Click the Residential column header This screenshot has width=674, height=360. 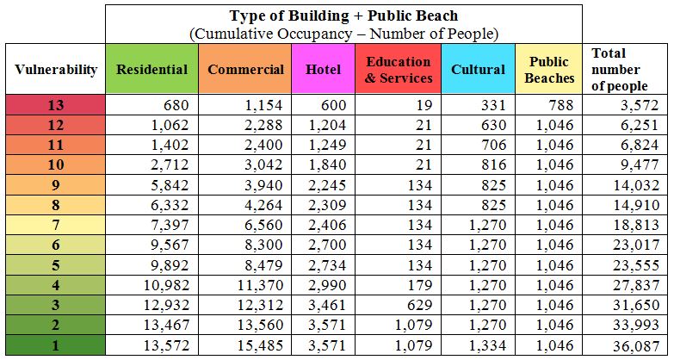151,69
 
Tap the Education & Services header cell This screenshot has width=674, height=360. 398,69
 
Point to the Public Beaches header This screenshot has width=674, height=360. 549,69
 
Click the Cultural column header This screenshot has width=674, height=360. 478,69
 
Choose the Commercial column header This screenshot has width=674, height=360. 245,69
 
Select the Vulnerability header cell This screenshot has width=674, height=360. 55,69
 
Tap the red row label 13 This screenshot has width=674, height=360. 55,106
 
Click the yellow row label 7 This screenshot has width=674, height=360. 55,225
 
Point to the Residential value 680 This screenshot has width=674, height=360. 173,106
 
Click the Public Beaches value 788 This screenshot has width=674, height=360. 560,106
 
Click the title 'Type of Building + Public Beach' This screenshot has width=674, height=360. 344,16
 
